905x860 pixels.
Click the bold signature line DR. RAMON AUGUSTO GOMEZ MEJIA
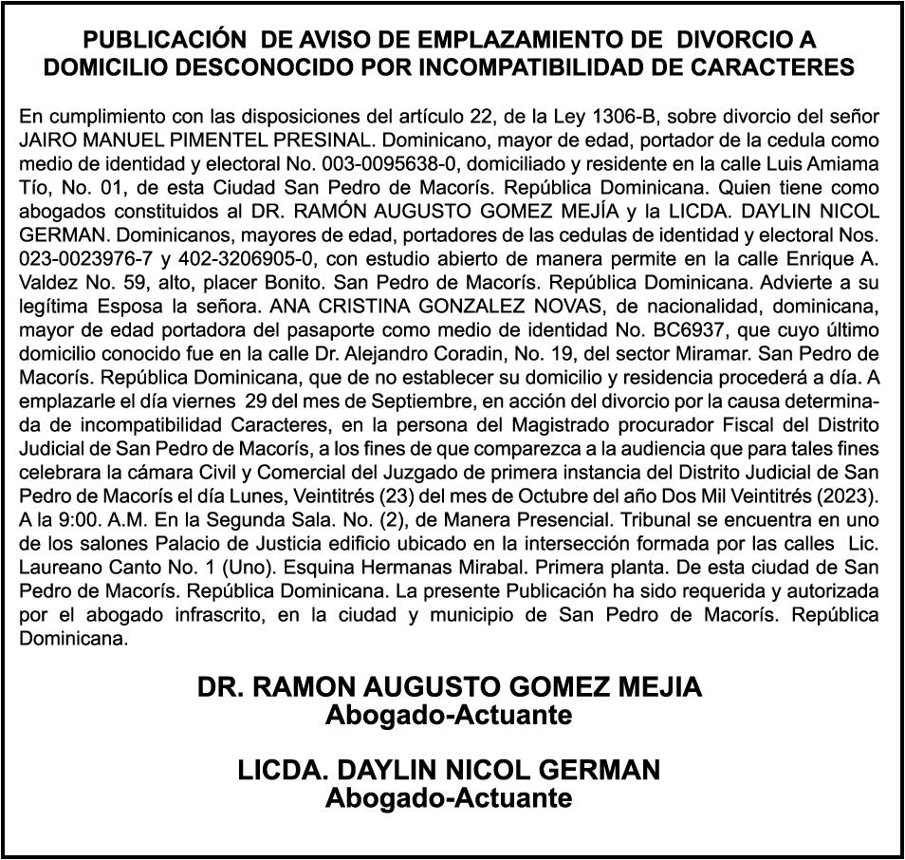point(451,687)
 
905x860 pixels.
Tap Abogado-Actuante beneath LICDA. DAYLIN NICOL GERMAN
point(449,798)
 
